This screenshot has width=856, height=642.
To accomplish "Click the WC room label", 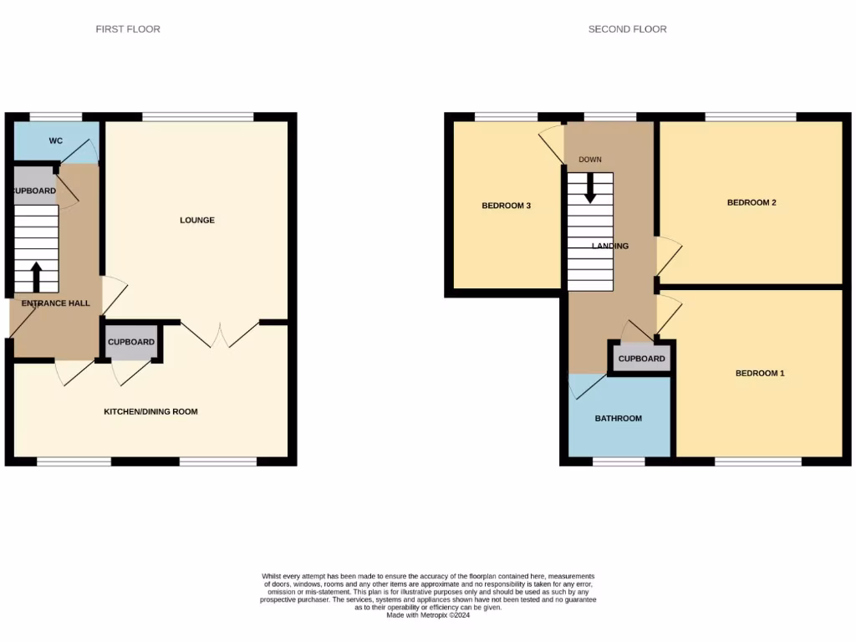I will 55,140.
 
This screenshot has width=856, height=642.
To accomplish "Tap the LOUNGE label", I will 197,221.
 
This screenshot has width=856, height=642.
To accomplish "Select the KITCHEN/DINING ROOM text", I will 150,411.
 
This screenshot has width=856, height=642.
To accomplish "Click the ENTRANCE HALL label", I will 55,303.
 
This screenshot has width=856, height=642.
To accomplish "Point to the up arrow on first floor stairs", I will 36,277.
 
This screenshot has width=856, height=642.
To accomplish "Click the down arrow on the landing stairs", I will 590,187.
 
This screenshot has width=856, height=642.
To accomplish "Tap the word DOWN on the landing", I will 589,159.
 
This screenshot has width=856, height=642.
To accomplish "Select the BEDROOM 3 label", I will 506,206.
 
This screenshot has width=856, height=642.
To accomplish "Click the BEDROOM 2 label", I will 752,202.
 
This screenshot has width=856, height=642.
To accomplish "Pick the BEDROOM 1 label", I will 760,373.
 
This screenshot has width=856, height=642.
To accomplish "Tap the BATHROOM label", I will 619,418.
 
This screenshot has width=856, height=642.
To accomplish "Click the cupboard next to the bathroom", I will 641,359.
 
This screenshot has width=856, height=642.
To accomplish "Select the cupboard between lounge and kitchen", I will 131,342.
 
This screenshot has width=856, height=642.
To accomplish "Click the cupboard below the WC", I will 34,191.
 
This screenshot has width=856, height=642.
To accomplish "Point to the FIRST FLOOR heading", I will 128,29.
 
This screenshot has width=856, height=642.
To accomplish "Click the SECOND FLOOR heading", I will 627,29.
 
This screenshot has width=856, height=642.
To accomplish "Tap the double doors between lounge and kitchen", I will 220,334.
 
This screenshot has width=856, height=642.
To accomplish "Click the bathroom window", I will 619,461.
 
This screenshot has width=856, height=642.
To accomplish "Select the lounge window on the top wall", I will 197,117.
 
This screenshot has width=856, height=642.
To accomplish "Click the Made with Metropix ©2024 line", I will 428,615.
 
